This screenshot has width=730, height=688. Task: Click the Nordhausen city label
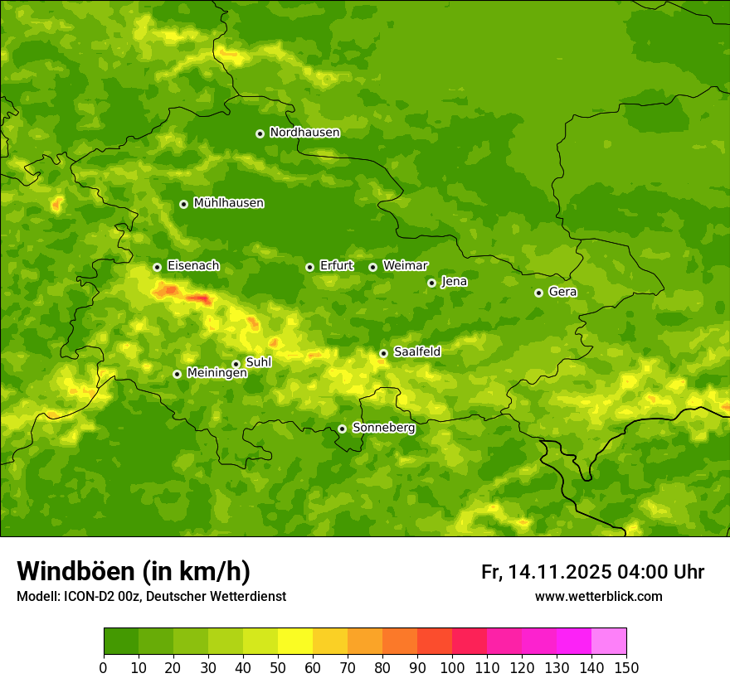click(304, 133)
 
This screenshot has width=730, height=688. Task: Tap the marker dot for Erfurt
click(309, 267)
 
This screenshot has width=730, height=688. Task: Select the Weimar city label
click(405, 266)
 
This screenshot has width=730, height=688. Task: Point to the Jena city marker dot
click(431, 283)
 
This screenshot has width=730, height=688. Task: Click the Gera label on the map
click(562, 292)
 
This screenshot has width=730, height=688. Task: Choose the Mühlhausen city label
click(228, 203)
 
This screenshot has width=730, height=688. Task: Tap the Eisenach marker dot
click(157, 267)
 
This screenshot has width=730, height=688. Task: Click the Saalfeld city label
click(416, 352)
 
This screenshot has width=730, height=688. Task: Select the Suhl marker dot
click(236, 364)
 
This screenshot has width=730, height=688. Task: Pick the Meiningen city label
click(217, 373)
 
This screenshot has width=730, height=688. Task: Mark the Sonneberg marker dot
click(342, 429)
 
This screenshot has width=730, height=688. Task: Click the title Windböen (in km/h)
click(134, 571)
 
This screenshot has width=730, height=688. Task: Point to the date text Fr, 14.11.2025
click(546, 572)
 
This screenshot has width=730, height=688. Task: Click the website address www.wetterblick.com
click(598, 596)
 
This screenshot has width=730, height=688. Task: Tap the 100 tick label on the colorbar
click(452, 667)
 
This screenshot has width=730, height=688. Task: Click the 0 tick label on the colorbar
click(104, 667)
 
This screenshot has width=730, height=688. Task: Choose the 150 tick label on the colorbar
click(626, 667)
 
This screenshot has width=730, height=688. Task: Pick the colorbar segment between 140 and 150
click(609, 642)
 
